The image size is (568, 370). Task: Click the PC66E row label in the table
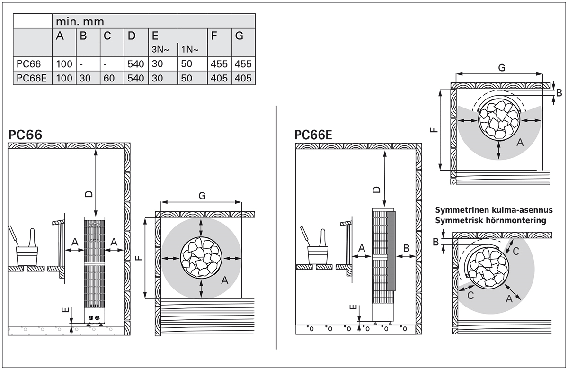click(31, 78)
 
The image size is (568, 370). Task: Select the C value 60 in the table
click(109, 78)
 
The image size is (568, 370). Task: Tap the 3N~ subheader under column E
click(160, 49)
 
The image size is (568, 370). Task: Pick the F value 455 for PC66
click(219, 64)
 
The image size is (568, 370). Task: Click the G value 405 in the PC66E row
click(243, 78)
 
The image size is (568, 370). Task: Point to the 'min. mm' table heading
click(80, 22)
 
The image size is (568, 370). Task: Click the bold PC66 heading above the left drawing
click(25, 135)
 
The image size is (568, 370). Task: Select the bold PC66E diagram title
click(313, 135)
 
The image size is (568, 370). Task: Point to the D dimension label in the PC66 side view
click(89, 194)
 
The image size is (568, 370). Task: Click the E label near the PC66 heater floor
click(65, 310)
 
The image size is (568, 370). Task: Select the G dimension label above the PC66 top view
click(202, 196)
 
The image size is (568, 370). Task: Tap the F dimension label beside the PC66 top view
click(140, 258)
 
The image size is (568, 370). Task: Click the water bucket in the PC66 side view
click(27, 255)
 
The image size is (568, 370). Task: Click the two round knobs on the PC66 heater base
click(94, 317)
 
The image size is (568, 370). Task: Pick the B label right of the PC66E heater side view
click(406, 248)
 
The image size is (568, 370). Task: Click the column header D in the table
click(132, 36)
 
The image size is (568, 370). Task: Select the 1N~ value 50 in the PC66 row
click(186, 64)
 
